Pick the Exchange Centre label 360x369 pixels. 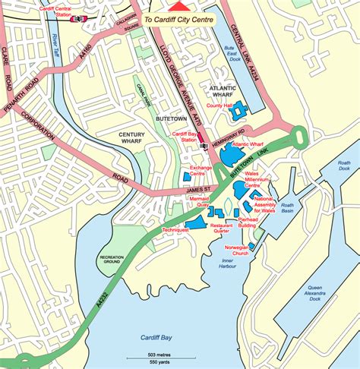click(201, 170)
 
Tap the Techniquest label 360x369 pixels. click(175, 229)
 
